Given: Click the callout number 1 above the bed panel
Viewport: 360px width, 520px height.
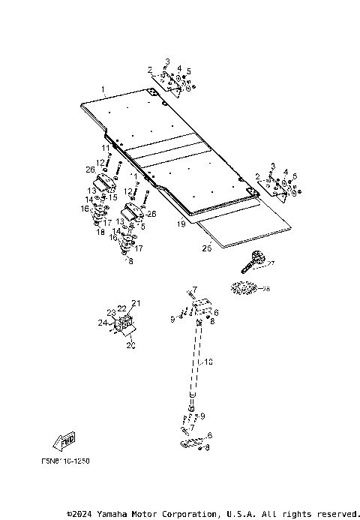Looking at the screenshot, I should (104, 89).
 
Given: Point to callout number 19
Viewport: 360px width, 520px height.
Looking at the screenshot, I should (181, 224).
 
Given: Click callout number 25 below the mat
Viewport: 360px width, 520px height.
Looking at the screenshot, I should (207, 246).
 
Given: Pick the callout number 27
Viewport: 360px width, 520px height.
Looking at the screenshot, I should (271, 263).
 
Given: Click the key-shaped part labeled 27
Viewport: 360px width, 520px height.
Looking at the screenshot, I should (253, 263).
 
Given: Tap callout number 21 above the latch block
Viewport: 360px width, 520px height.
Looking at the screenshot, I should (136, 303).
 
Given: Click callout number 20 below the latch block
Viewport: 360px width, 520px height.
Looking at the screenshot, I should (131, 346).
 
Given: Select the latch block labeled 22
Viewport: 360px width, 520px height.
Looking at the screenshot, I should (124, 323).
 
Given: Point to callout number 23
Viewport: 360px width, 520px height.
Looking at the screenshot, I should (110, 313).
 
